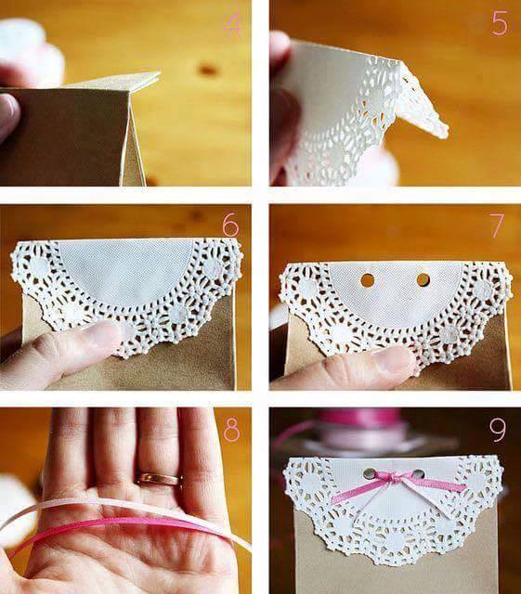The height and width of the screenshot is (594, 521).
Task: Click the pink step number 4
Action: point(231,25)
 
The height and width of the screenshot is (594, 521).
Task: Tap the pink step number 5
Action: point(500,23)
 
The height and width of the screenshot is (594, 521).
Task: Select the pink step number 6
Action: point(231,226)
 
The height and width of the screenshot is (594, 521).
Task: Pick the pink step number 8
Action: point(231,429)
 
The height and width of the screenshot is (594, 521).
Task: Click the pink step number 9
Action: point(498,430)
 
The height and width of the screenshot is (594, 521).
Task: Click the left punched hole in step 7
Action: point(367,280)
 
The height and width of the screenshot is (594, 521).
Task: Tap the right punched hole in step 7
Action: point(423,280)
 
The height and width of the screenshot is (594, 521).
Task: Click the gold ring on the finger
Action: point(158,479)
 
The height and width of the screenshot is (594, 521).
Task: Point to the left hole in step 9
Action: point(368,472)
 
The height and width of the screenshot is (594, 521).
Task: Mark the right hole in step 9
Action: point(418,473)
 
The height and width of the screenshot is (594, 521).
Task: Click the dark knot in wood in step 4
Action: point(208,70)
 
